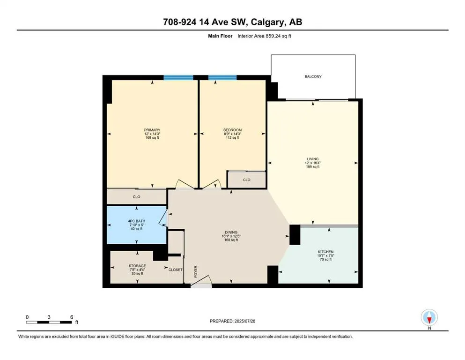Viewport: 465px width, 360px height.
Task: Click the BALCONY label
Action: click(313, 76)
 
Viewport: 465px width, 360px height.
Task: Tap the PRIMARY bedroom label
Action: click(152, 130)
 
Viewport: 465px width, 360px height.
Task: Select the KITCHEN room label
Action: click(325, 252)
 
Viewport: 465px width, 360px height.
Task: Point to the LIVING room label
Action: click(312, 159)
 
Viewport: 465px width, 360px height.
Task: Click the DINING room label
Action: click(231, 232)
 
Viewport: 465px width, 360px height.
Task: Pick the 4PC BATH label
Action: click(136, 221)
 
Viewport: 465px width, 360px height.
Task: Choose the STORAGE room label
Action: click(137, 266)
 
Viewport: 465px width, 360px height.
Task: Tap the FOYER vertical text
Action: click(196, 271)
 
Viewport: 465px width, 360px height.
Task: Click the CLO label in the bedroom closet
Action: click(246, 180)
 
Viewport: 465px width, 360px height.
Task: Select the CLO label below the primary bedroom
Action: click(136, 197)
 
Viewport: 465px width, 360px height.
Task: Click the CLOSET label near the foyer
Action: click(175, 270)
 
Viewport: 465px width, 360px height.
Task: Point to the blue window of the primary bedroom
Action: click(178, 78)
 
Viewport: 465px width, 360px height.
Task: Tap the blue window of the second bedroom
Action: click(222, 78)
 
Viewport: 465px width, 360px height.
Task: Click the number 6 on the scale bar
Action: click(72, 317)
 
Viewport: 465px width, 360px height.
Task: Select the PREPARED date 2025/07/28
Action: click(244, 321)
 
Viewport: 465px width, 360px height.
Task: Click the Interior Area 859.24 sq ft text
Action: click(264, 36)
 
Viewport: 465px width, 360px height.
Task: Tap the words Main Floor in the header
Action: click(220, 36)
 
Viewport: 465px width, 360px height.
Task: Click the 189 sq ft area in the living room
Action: click(312, 167)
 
